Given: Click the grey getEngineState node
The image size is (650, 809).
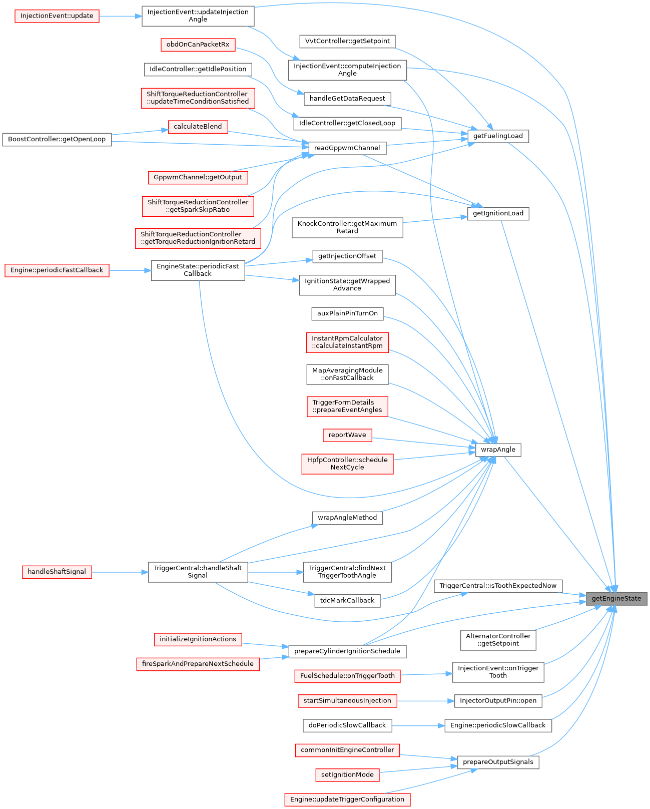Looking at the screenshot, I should pyautogui.click(x=616, y=598).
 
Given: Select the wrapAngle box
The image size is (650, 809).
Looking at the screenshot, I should pyautogui.click(x=498, y=450).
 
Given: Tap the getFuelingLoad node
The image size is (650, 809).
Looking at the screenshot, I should pyautogui.click(x=498, y=136).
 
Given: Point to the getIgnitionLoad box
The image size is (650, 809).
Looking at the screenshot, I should pyautogui.click(x=498, y=213).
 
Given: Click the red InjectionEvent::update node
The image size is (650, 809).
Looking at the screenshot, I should pyautogui.click(x=57, y=16).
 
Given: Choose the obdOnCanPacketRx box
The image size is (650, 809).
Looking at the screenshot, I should pyautogui.click(x=198, y=45).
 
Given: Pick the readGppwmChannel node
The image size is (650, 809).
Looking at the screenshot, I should pyautogui.click(x=347, y=148).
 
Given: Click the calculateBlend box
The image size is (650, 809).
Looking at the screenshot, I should pyautogui.click(x=198, y=127).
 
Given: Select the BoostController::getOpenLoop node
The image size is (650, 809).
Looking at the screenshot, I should pyautogui.click(x=57, y=139).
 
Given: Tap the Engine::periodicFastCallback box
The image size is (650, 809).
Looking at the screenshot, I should pyautogui.click(x=57, y=270).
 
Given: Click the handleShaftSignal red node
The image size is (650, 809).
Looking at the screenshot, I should pyautogui.click(x=57, y=572).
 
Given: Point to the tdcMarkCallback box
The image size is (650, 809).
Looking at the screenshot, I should pyautogui.click(x=347, y=601).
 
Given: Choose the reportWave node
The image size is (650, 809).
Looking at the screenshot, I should pyautogui.click(x=347, y=435).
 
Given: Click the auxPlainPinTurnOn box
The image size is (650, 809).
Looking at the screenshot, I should pyautogui.click(x=347, y=313).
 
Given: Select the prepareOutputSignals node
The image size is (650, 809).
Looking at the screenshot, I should pyautogui.click(x=498, y=762).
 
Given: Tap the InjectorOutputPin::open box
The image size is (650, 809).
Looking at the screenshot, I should pyautogui.click(x=498, y=701).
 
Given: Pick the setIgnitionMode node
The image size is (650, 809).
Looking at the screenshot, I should pyautogui.click(x=347, y=775).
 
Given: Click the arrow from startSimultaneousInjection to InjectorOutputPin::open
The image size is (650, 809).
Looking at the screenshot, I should pyautogui.click(x=425, y=701).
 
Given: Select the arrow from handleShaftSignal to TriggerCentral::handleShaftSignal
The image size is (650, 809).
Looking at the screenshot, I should pyautogui.click(x=120, y=572).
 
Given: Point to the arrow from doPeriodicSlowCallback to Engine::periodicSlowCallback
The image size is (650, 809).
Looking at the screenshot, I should pyautogui.click(x=418, y=725).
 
